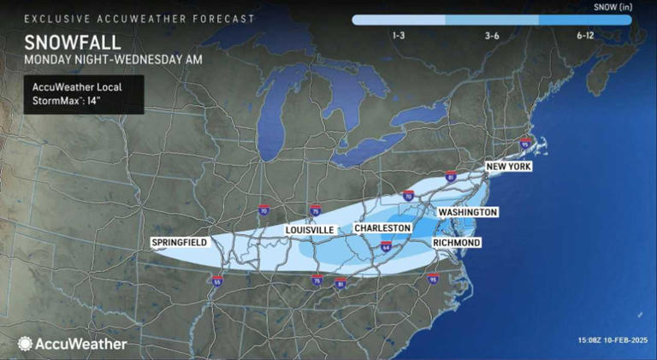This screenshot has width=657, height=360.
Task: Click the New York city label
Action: point(508,166)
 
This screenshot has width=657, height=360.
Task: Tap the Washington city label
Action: point(467,211)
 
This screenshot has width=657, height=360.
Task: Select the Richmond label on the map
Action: point(457,243)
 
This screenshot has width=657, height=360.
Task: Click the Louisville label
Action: point(310,230)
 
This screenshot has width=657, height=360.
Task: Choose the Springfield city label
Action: point(179,242)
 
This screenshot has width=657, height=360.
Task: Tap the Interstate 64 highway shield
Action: point(386,247)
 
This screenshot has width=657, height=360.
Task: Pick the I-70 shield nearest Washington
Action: point(408,196)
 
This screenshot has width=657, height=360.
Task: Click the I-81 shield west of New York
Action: point(451,176)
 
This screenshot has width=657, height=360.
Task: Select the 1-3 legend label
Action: point(398,35)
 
